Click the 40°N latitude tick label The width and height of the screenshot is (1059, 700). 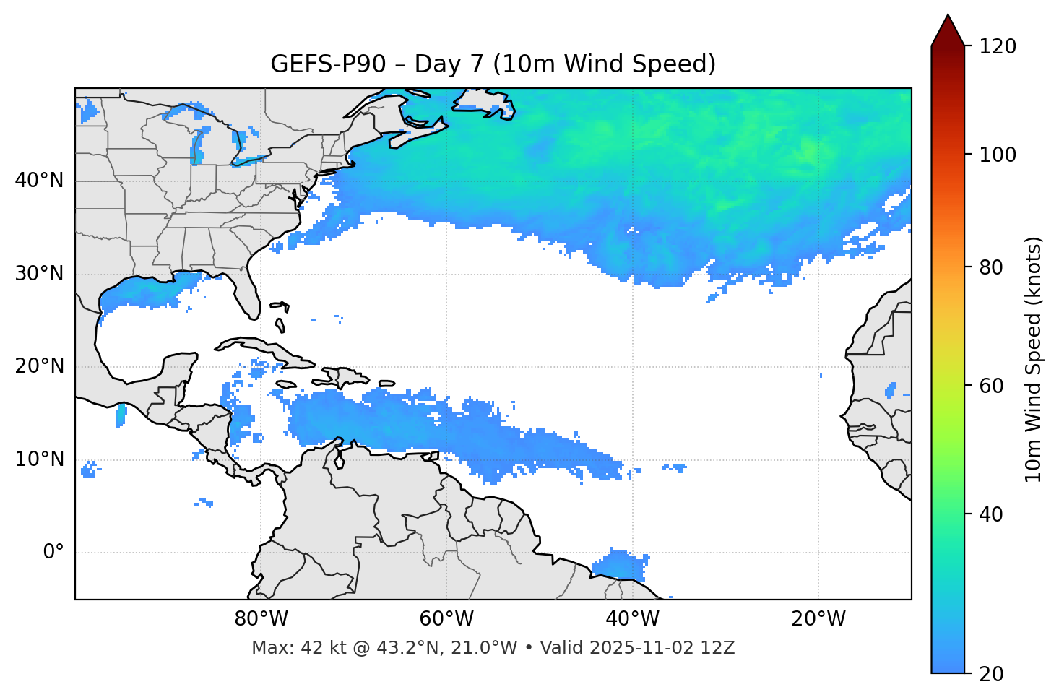coord(39,181)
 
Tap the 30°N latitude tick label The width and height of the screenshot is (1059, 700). coord(39,274)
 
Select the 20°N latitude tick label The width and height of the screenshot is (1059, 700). coord(39,366)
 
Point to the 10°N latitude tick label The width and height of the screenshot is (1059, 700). coord(39,459)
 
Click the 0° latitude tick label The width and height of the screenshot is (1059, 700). coord(53,553)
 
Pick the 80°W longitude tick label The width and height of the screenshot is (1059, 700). coord(261,619)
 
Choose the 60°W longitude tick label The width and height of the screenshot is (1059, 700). coord(446,619)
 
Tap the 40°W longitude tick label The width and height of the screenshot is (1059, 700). coord(632,619)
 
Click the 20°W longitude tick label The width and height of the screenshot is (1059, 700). coord(818,619)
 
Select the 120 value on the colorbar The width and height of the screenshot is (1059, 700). coord(998,47)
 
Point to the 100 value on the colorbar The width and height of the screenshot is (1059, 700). coord(998,155)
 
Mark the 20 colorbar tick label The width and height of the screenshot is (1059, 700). coord(990,674)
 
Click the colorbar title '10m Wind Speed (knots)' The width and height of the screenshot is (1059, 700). coord(1034,359)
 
